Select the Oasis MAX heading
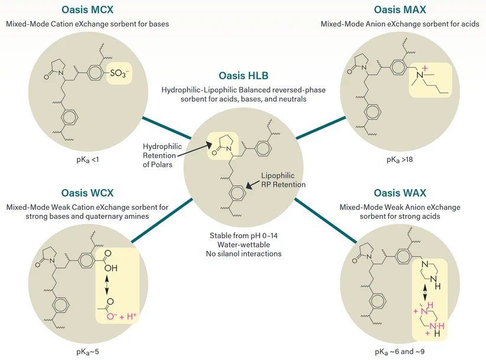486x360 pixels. coord(399,10)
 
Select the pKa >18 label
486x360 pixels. coord(400,159)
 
